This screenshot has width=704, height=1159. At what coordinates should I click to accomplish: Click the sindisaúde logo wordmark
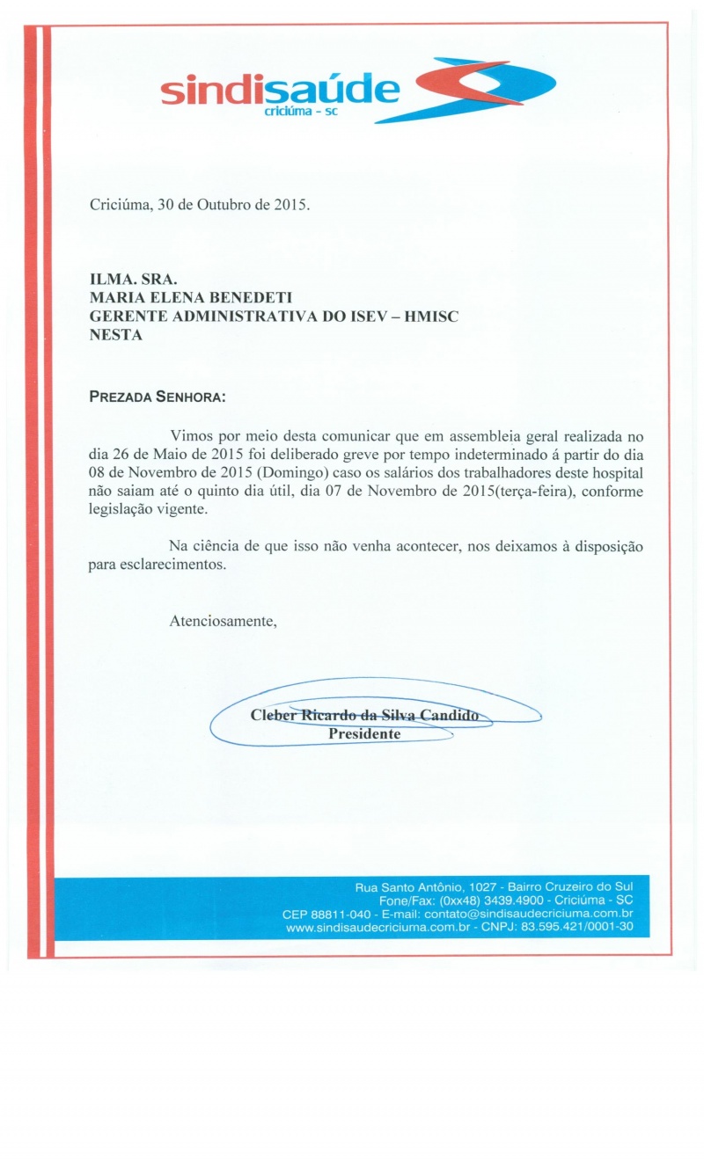click(x=280, y=91)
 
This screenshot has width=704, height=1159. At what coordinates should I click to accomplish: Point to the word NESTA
click(x=116, y=334)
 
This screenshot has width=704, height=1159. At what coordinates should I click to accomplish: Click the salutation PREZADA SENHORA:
click(x=158, y=397)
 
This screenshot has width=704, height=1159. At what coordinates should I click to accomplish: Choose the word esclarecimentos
click(x=158, y=565)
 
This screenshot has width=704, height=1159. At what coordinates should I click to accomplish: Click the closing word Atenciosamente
click(x=223, y=622)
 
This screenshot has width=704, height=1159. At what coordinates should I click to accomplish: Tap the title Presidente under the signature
click(x=364, y=734)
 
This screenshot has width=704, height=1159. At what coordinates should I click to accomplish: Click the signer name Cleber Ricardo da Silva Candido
click(x=364, y=716)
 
